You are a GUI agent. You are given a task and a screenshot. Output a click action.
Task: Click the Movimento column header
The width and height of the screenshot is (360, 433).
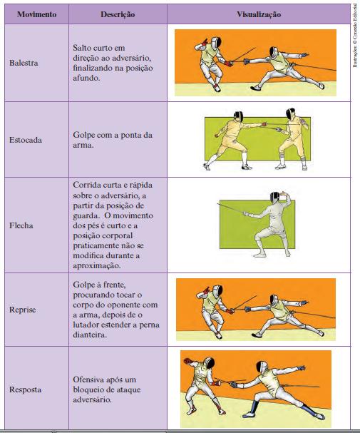tap(36, 14)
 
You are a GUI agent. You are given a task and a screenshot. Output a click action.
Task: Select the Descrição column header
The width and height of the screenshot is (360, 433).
tap(118, 14)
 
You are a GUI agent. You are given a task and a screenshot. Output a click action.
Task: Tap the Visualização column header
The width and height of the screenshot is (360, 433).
tap(259, 14)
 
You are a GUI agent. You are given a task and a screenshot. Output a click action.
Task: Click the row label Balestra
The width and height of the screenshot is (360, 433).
tap(24, 63)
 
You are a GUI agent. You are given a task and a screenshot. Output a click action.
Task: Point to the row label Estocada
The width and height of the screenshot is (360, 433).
tap(26, 140)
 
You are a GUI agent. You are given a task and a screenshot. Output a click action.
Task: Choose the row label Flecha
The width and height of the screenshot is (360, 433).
tap(21, 225)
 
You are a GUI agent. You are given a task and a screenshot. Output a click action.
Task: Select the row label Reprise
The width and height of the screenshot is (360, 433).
tap(23, 310)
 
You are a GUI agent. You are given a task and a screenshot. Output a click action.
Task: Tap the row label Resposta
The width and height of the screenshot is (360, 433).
tap(26, 389)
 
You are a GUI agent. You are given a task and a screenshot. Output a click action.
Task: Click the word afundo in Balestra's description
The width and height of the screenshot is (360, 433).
tap(86, 78)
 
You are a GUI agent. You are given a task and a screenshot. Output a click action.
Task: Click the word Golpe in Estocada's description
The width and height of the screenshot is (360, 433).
tap(83, 135)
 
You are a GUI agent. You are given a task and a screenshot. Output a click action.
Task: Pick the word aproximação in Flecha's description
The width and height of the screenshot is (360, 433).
tap(97, 265)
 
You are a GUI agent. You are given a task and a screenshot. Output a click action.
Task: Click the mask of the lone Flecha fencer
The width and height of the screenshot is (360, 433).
tap(274, 197)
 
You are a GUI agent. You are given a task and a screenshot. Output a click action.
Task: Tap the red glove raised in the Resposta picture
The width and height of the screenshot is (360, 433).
tap(187, 361)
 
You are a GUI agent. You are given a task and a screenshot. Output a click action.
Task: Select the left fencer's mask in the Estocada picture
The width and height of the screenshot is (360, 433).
tap(238, 116)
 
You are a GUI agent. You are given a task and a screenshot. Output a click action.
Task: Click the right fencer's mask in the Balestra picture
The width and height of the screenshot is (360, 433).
tap(274, 53)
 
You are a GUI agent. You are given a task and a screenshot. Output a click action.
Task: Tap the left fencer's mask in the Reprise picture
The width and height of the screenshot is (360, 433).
tap(218, 290)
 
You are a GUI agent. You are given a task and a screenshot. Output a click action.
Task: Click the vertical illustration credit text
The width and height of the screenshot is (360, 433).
tap(355, 36)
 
